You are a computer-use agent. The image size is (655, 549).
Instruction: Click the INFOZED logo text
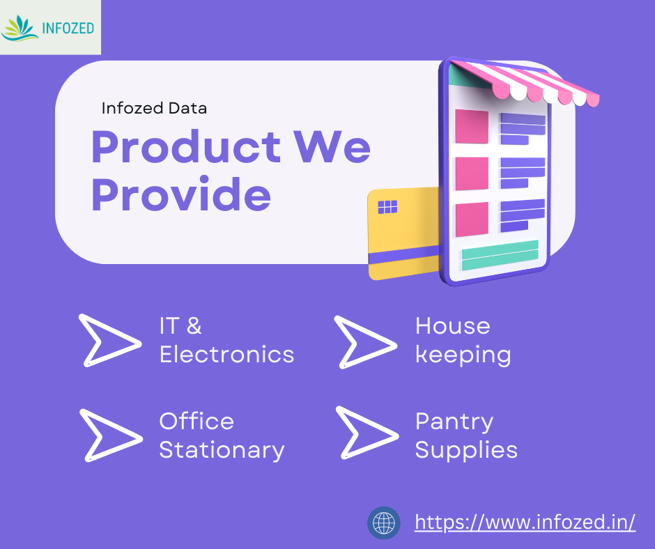68,29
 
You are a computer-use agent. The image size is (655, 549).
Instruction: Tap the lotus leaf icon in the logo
20,29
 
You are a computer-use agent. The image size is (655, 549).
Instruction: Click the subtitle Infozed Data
154,108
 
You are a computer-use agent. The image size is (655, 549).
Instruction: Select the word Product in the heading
186,146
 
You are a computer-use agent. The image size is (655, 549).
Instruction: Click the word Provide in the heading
181,194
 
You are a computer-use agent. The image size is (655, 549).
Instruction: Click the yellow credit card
403,233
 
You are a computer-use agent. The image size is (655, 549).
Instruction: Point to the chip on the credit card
387,207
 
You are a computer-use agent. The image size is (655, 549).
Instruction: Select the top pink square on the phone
472,126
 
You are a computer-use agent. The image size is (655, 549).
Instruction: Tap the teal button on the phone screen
500,255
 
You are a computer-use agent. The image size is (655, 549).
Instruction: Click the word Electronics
227,355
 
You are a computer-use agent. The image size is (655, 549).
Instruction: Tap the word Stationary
222,451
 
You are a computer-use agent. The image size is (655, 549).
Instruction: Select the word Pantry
454,422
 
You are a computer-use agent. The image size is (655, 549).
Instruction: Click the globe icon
383,523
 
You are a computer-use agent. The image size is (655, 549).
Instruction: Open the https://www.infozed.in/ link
525,523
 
